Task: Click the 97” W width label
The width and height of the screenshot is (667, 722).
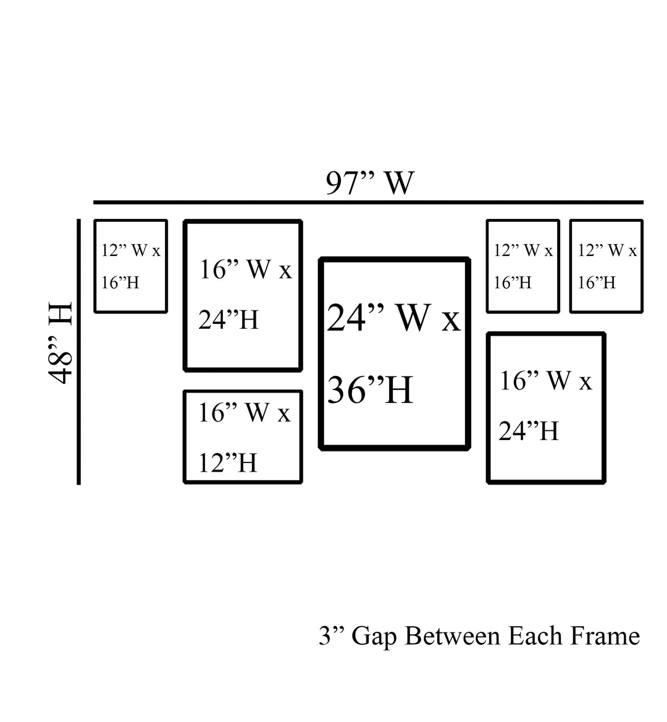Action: tap(369, 183)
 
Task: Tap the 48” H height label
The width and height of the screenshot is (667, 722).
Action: tap(61, 343)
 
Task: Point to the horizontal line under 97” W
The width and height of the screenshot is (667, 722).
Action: tap(368, 202)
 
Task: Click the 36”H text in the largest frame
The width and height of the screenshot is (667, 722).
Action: tap(369, 391)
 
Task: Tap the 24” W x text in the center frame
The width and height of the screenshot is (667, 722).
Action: tap(393, 318)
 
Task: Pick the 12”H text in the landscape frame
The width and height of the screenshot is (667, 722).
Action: tap(227, 462)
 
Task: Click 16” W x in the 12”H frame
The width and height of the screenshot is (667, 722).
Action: tap(244, 412)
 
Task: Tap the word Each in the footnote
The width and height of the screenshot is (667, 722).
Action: tap(531, 636)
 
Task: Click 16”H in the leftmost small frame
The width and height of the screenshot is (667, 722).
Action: tap(120, 283)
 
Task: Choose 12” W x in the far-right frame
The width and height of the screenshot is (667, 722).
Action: tap(607, 250)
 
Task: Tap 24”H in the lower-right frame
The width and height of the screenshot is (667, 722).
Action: tap(529, 431)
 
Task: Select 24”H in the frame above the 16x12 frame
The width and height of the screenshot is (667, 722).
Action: tap(229, 320)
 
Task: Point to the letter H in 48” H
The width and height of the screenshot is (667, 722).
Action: tap(61, 315)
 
